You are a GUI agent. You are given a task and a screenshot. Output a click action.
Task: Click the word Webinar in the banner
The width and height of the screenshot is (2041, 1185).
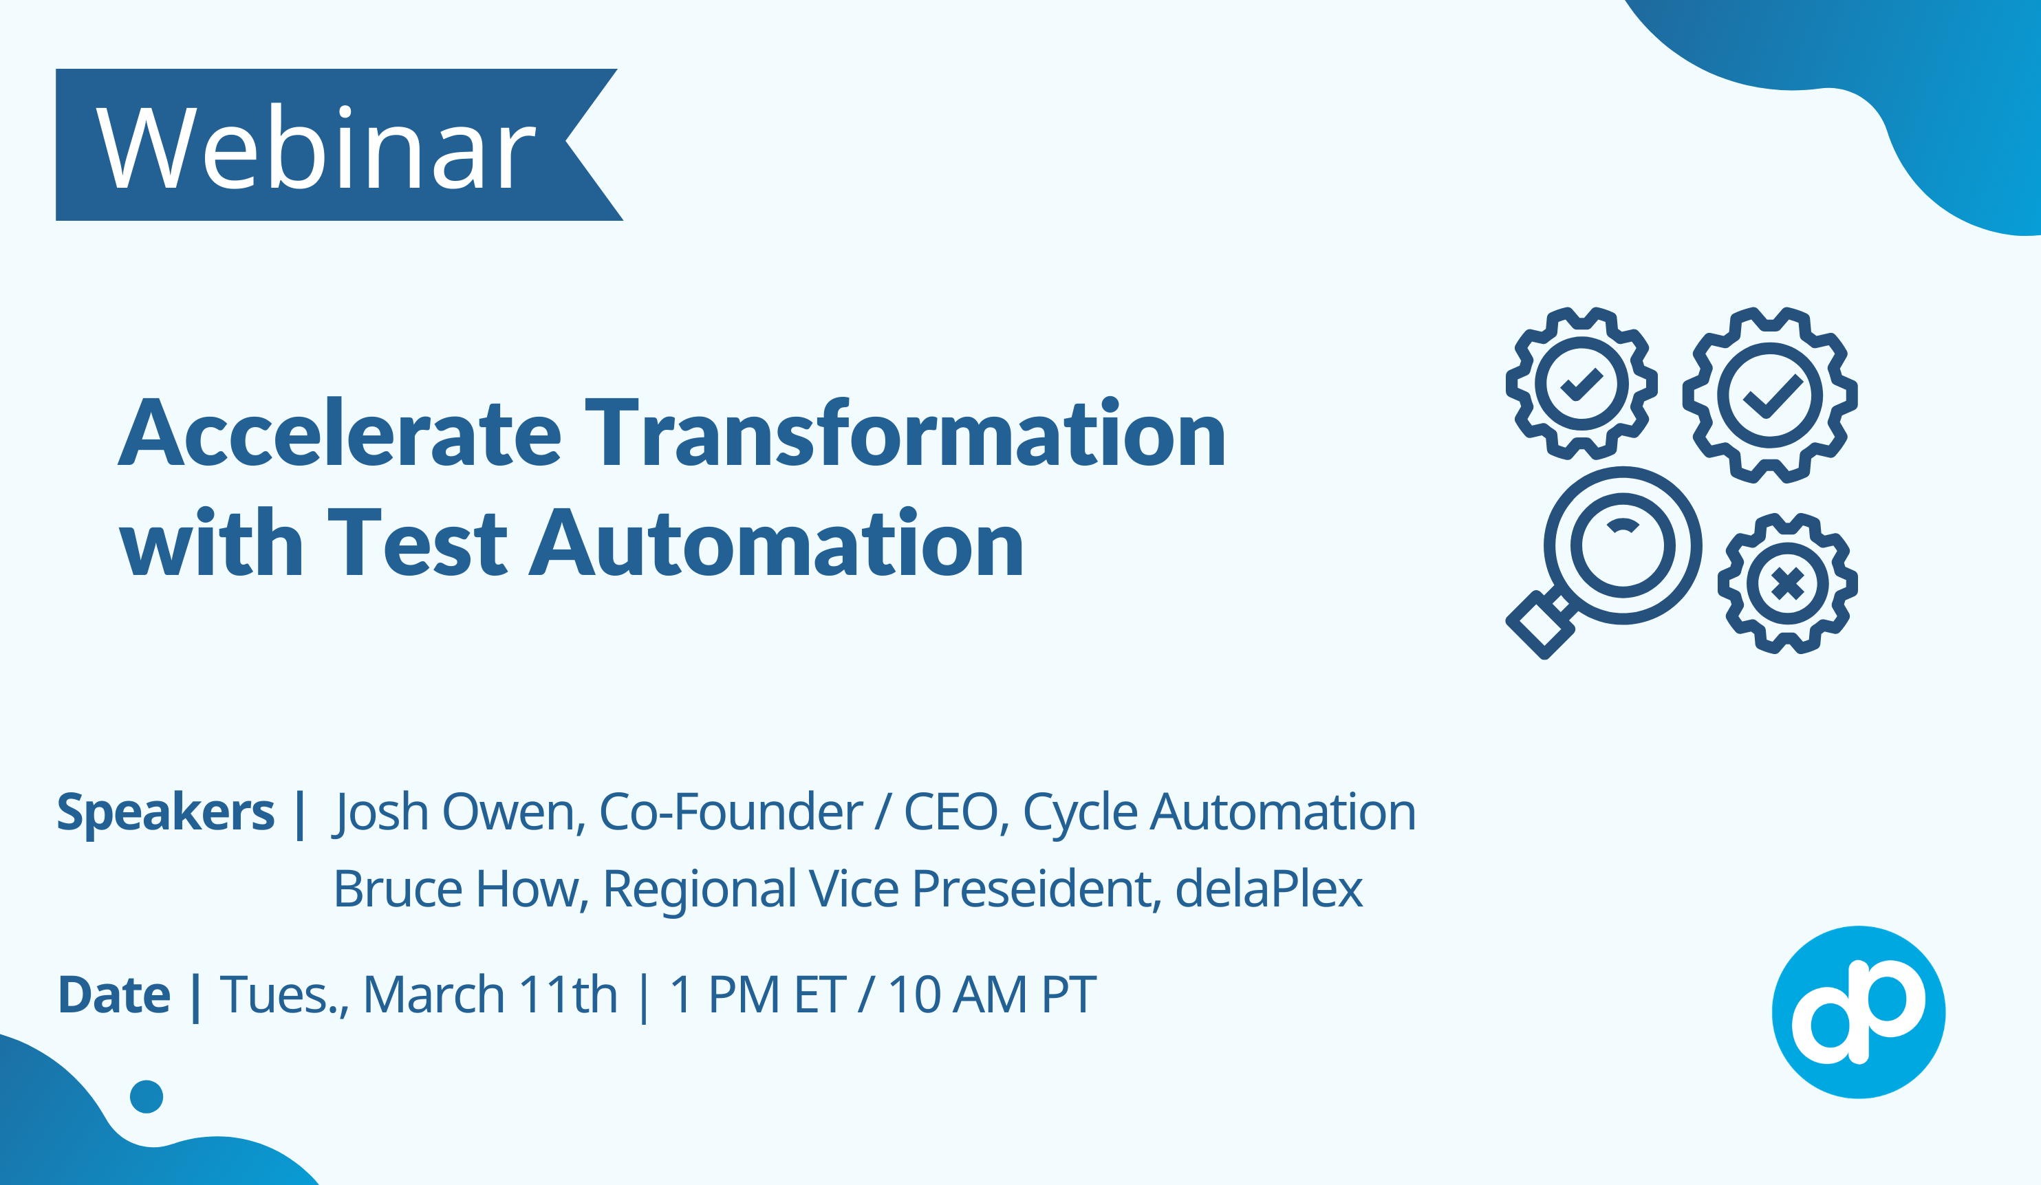tap(315, 149)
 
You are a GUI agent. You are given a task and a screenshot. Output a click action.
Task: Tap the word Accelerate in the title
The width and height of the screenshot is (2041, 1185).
tap(339, 434)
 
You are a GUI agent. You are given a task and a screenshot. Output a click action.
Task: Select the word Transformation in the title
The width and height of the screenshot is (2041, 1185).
tap(905, 434)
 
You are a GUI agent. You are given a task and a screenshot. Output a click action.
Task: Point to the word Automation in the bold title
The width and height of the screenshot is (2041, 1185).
tap(777, 543)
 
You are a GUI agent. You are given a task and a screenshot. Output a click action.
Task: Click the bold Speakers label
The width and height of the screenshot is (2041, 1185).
tap(165, 812)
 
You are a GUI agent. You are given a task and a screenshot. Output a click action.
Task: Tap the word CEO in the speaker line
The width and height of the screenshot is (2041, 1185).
tap(951, 812)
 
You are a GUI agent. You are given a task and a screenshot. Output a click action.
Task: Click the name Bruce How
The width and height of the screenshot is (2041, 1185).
tap(457, 889)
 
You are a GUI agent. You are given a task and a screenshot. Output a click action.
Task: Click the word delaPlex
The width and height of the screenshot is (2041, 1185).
tap(1269, 889)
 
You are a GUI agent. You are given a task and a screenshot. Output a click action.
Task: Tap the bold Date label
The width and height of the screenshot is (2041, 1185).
tap(114, 995)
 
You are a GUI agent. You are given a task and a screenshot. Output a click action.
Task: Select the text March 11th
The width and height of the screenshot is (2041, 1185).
tap(490, 995)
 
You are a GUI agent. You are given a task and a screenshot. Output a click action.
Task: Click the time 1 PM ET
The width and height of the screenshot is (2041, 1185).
tap(757, 995)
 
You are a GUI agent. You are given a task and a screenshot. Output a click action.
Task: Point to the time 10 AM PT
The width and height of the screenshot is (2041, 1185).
tap(992, 995)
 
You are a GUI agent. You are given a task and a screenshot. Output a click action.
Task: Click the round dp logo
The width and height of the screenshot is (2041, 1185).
tap(1859, 1012)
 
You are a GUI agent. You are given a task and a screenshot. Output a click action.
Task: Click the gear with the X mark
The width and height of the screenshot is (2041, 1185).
tap(1787, 583)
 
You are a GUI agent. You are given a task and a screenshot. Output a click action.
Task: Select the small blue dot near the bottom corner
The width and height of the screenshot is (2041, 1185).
tap(147, 1097)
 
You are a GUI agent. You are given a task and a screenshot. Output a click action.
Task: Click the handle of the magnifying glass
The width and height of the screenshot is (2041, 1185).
tap(1542, 624)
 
